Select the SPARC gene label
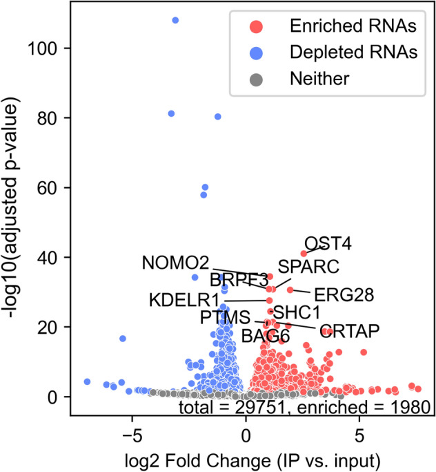click(309, 266)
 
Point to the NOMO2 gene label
click(175, 263)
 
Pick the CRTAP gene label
click(350, 332)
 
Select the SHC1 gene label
click(297, 312)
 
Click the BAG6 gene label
click(265, 337)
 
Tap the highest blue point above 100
click(175, 20)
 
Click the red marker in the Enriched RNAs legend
click(256, 26)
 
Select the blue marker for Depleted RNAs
click(256, 52)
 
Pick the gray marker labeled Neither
click(256, 78)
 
